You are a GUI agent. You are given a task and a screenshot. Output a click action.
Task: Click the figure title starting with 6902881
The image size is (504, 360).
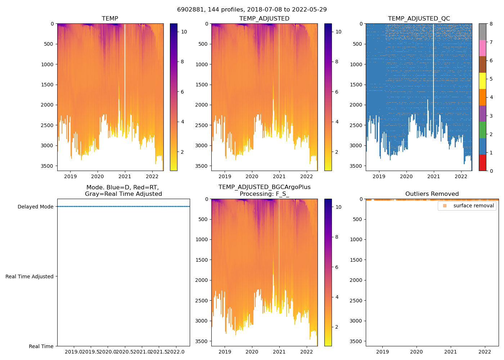click(252, 10)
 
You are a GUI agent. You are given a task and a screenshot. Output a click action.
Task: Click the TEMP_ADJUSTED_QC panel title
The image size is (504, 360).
click(419, 19)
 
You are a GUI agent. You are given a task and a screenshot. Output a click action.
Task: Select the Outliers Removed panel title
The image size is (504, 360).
click(432, 194)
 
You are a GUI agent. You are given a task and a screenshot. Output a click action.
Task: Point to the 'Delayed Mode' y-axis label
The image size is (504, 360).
click(35, 207)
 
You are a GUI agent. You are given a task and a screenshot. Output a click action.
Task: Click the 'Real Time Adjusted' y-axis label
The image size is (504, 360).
click(30, 276)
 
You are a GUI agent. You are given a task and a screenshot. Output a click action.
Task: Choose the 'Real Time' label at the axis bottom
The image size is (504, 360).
click(41, 346)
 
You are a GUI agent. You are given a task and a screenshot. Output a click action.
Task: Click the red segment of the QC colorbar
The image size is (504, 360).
click(482, 162)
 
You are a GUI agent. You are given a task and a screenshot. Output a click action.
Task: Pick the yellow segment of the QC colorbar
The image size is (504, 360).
click(482, 81)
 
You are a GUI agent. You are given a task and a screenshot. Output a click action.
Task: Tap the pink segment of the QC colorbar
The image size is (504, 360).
click(482, 48)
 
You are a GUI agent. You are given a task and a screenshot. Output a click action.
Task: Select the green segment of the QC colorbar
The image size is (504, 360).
click(482, 130)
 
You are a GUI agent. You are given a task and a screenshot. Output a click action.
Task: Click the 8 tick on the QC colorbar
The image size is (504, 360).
click(491, 24)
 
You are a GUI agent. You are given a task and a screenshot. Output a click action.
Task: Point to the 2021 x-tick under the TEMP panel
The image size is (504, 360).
click(125, 176)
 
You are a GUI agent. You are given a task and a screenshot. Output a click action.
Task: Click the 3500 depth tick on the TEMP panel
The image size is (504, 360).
click(47, 166)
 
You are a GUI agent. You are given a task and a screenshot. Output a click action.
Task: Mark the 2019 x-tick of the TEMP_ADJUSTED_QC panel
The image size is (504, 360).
click(379, 176)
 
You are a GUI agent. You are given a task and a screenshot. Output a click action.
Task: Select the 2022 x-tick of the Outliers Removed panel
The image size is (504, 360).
click(485, 352)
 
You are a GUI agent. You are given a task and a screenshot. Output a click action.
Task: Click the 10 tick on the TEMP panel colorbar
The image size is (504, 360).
click(184, 32)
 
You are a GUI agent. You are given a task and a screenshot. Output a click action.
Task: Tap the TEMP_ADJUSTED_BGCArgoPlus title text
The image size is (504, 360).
click(264, 187)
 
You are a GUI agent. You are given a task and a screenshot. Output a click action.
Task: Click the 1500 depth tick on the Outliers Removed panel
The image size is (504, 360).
click(356, 260)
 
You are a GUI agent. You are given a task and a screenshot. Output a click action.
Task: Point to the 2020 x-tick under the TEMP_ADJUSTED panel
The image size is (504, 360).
click(252, 176)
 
